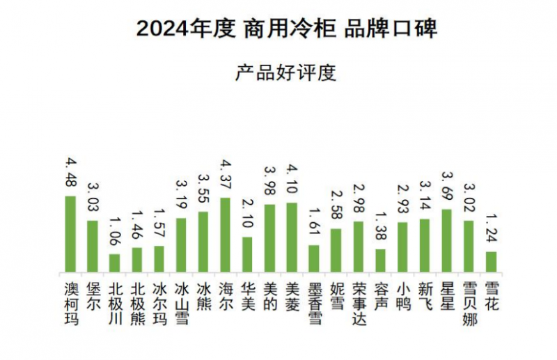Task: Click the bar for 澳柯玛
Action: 70,234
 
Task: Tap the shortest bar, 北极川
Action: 115,263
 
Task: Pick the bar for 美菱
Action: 292,237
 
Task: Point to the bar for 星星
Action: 447,240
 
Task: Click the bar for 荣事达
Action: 359,246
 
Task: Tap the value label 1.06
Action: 115,233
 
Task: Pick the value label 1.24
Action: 492,230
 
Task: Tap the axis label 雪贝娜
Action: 469,302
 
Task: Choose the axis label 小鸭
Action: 403,295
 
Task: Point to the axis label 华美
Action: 248,295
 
